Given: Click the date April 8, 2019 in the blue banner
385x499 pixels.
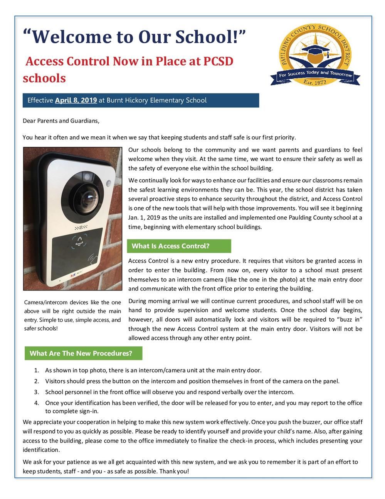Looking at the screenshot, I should click(76, 100).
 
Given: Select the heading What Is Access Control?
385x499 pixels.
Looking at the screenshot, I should click(170, 246).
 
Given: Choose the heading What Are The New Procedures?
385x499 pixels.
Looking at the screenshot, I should click(81, 353).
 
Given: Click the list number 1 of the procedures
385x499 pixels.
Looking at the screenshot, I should click(36, 370).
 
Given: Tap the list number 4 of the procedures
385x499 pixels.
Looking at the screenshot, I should click(36, 403).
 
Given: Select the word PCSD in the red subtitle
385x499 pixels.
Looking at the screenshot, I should click(214, 61).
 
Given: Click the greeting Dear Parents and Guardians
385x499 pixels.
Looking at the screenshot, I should click(61, 121).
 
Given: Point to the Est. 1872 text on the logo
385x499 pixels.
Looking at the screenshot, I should click(315, 82).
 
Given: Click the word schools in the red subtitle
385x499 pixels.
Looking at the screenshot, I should click(44, 78).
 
